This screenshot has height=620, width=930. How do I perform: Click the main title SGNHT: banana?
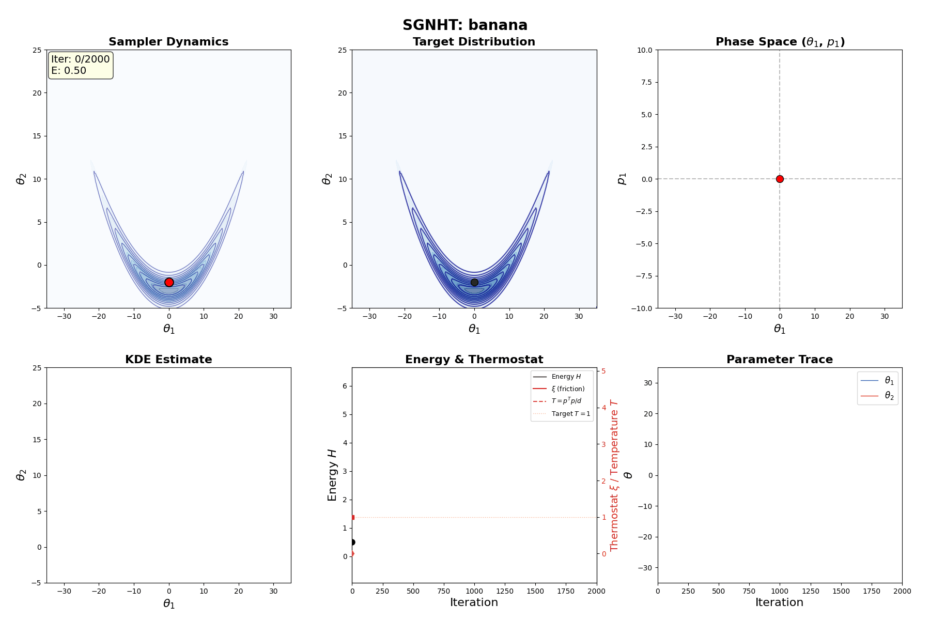click(x=465, y=25)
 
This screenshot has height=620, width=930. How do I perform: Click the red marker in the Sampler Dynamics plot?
click(x=169, y=282)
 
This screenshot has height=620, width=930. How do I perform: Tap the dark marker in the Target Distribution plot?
click(x=474, y=282)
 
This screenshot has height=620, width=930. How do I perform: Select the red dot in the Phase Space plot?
click(x=780, y=179)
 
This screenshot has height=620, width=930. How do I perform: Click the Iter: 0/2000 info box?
click(x=81, y=65)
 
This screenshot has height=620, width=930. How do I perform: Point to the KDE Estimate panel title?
click(x=168, y=360)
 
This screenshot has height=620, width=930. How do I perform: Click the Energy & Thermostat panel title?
click(x=474, y=360)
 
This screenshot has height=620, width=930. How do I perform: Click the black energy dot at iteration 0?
click(x=352, y=542)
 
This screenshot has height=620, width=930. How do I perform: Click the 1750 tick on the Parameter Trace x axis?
click(x=872, y=591)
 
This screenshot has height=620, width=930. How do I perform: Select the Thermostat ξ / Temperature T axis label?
click(x=614, y=475)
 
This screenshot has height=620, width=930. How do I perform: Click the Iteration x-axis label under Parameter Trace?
click(x=779, y=602)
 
